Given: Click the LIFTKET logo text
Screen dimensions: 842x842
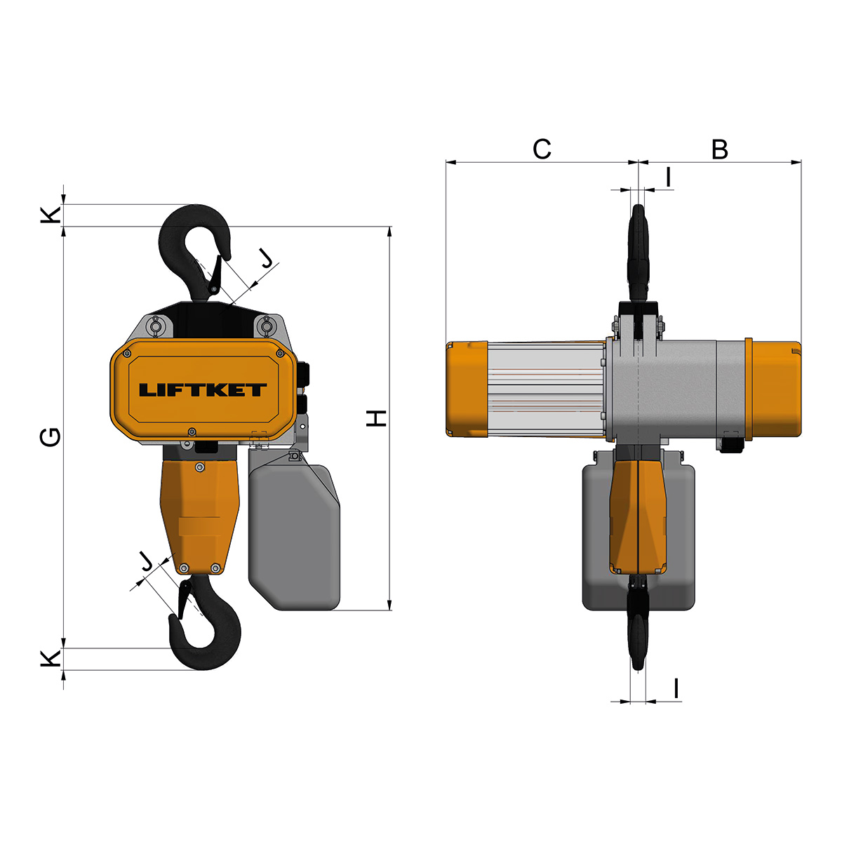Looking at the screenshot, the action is click(x=203, y=389).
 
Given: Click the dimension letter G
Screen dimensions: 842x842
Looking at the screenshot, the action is click(x=51, y=437).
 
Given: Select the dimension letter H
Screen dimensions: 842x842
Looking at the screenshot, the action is click(x=376, y=418).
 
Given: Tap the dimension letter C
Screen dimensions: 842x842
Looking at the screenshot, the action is click(x=542, y=149).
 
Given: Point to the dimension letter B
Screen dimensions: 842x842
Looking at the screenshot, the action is click(x=720, y=149).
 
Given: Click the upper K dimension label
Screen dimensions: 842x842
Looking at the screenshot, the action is click(x=51, y=215).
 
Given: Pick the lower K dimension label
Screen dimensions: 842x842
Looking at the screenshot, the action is click(x=51, y=659).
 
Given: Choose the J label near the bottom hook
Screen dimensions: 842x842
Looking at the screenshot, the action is click(x=147, y=561).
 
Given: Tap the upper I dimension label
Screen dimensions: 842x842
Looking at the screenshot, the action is click(x=668, y=178).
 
